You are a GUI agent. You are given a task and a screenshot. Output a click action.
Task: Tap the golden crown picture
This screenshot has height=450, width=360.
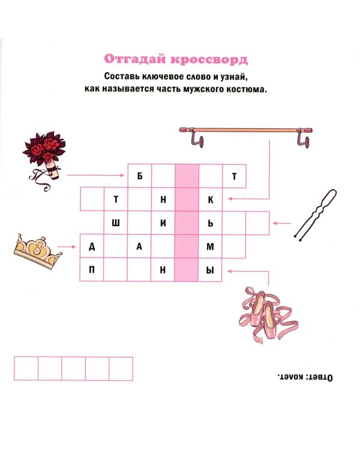coord(37,251)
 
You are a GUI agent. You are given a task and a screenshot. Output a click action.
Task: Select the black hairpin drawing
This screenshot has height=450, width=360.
coord(316,215)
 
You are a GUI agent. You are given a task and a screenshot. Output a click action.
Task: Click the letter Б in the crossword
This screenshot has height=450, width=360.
coord(140,176)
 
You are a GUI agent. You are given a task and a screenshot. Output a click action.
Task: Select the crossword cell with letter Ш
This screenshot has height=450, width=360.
coord(116,223)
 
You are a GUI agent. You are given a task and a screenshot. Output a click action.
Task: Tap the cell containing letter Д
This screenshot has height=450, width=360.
coord(92,247)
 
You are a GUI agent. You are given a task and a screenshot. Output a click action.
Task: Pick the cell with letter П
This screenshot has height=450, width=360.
coord(92,270)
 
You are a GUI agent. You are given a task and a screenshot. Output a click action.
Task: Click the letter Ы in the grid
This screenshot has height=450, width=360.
coord(210,270)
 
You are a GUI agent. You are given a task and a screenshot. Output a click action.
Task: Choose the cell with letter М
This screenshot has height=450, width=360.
coord(210,247)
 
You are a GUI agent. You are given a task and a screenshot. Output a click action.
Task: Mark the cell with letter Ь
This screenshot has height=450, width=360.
coord(210,223)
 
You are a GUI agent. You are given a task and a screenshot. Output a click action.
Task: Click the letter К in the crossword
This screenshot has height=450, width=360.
coord(210,199)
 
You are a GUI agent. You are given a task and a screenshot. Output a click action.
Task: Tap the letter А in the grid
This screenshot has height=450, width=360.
coord(139,247)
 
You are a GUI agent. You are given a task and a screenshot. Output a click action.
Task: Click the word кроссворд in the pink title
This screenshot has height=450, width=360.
coord(209,59)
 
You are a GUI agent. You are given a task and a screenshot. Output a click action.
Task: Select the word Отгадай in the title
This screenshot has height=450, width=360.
coord(135,59)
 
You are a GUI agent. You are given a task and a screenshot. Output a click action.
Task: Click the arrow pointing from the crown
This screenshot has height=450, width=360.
coord(67,247)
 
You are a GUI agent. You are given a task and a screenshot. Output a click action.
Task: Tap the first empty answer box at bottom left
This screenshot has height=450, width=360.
coord(26,368)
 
